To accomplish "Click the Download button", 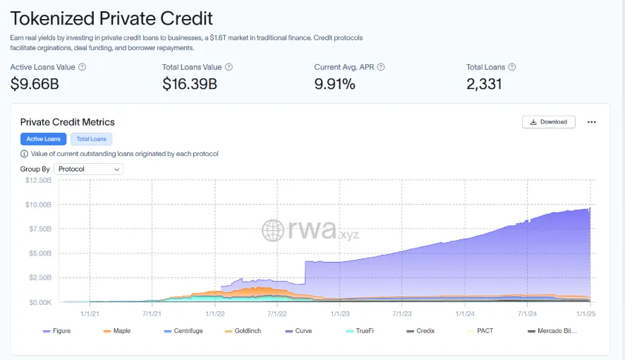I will [x=549, y=121].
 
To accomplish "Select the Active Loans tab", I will [x=44, y=139].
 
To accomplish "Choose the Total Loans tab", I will [x=92, y=139].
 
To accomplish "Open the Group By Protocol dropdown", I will [x=89, y=169].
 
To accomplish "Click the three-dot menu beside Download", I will [x=592, y=121].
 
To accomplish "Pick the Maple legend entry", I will [x=117, y=330].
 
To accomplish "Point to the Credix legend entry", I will [x=420, y=330].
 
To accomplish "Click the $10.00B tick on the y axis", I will [x=39, y=205].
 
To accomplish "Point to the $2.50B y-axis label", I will [x=40, y=277].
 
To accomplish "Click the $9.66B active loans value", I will [x=35, y=84].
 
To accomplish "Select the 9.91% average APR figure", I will [x=334, y=84].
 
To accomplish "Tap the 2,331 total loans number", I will [x=484, y=84].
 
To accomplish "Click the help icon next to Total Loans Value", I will [x=229, y=67].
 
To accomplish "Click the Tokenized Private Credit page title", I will [x=111, y=18].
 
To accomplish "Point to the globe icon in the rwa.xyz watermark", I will [x=274, y=229].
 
